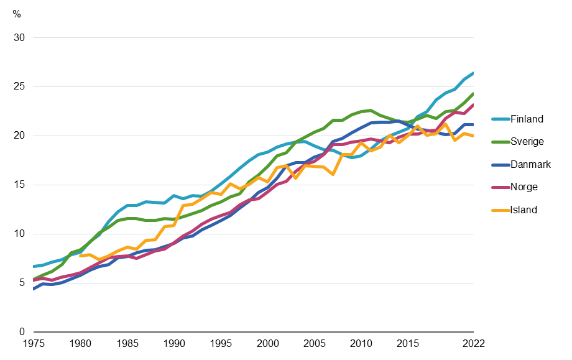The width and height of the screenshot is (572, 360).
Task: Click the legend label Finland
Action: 527,119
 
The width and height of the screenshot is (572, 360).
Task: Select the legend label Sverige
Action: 527,142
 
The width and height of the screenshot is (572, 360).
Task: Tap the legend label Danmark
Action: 530,165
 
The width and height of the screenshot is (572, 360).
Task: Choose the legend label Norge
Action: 524,187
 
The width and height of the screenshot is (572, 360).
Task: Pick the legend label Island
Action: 524,210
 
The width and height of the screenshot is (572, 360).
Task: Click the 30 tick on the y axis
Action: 19,38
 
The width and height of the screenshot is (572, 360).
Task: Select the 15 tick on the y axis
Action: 19,185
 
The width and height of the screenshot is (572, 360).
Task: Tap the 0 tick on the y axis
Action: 22,332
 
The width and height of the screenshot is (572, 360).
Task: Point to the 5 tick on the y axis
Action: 22,283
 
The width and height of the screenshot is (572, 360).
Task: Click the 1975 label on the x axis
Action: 33,343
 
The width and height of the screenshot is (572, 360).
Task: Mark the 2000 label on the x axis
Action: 267,343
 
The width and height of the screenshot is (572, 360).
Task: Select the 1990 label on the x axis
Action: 173,343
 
